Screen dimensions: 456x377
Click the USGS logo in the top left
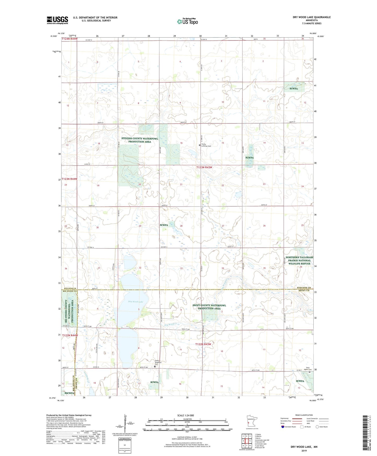[57, 20]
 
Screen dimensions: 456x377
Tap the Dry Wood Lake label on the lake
[136, 302]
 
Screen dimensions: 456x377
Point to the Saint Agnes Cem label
[308, 369]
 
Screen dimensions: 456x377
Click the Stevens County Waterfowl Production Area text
[140, 140]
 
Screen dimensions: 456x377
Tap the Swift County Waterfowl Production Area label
[209, 307]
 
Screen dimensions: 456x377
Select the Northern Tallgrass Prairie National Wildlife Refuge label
[299, 260]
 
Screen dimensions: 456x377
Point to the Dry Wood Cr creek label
[170, 325]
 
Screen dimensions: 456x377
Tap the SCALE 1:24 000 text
[185, 415]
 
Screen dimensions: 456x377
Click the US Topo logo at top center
[187, 21]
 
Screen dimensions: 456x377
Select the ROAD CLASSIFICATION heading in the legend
[304, 415]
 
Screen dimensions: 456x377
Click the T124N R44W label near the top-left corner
[70, 39]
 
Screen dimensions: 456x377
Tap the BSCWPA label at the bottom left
[68, 393]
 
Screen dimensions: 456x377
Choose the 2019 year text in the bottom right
[304, 451]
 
